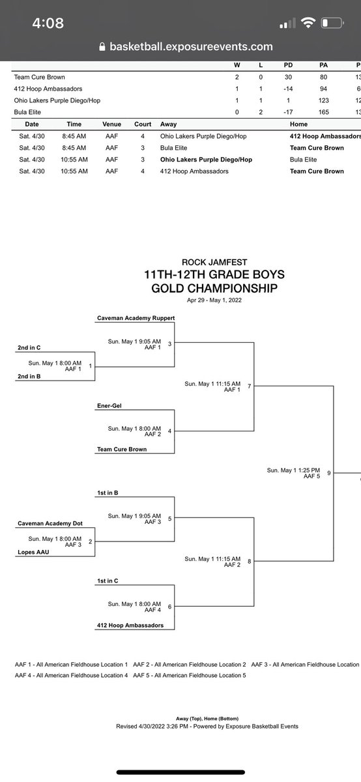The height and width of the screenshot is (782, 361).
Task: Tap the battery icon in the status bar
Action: point(331,23)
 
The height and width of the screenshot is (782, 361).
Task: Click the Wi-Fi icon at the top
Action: point(306,23)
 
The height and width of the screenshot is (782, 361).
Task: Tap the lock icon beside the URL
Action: point(101,47)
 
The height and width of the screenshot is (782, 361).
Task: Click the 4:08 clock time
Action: point(48,23)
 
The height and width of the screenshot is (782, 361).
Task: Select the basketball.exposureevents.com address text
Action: point(191,47)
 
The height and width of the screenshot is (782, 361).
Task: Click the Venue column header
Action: point(112,124)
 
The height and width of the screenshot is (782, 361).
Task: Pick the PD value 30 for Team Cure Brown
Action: point(287,77)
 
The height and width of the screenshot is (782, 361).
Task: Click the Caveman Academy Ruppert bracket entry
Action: point(136,319)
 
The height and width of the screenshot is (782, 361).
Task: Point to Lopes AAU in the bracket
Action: point(32,551)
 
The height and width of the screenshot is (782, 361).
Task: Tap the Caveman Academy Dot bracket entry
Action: point(47,523)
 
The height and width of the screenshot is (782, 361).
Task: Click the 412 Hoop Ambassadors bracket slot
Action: point(130,626)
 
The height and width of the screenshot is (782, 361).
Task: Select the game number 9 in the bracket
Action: point(329,473)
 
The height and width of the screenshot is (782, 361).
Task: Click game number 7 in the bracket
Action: point(249,386)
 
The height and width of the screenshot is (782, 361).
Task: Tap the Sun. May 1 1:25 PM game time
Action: point(293,470)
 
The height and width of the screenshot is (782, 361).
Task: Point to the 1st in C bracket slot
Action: point(108,581)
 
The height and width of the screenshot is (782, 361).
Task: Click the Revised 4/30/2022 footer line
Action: point(207,726)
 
